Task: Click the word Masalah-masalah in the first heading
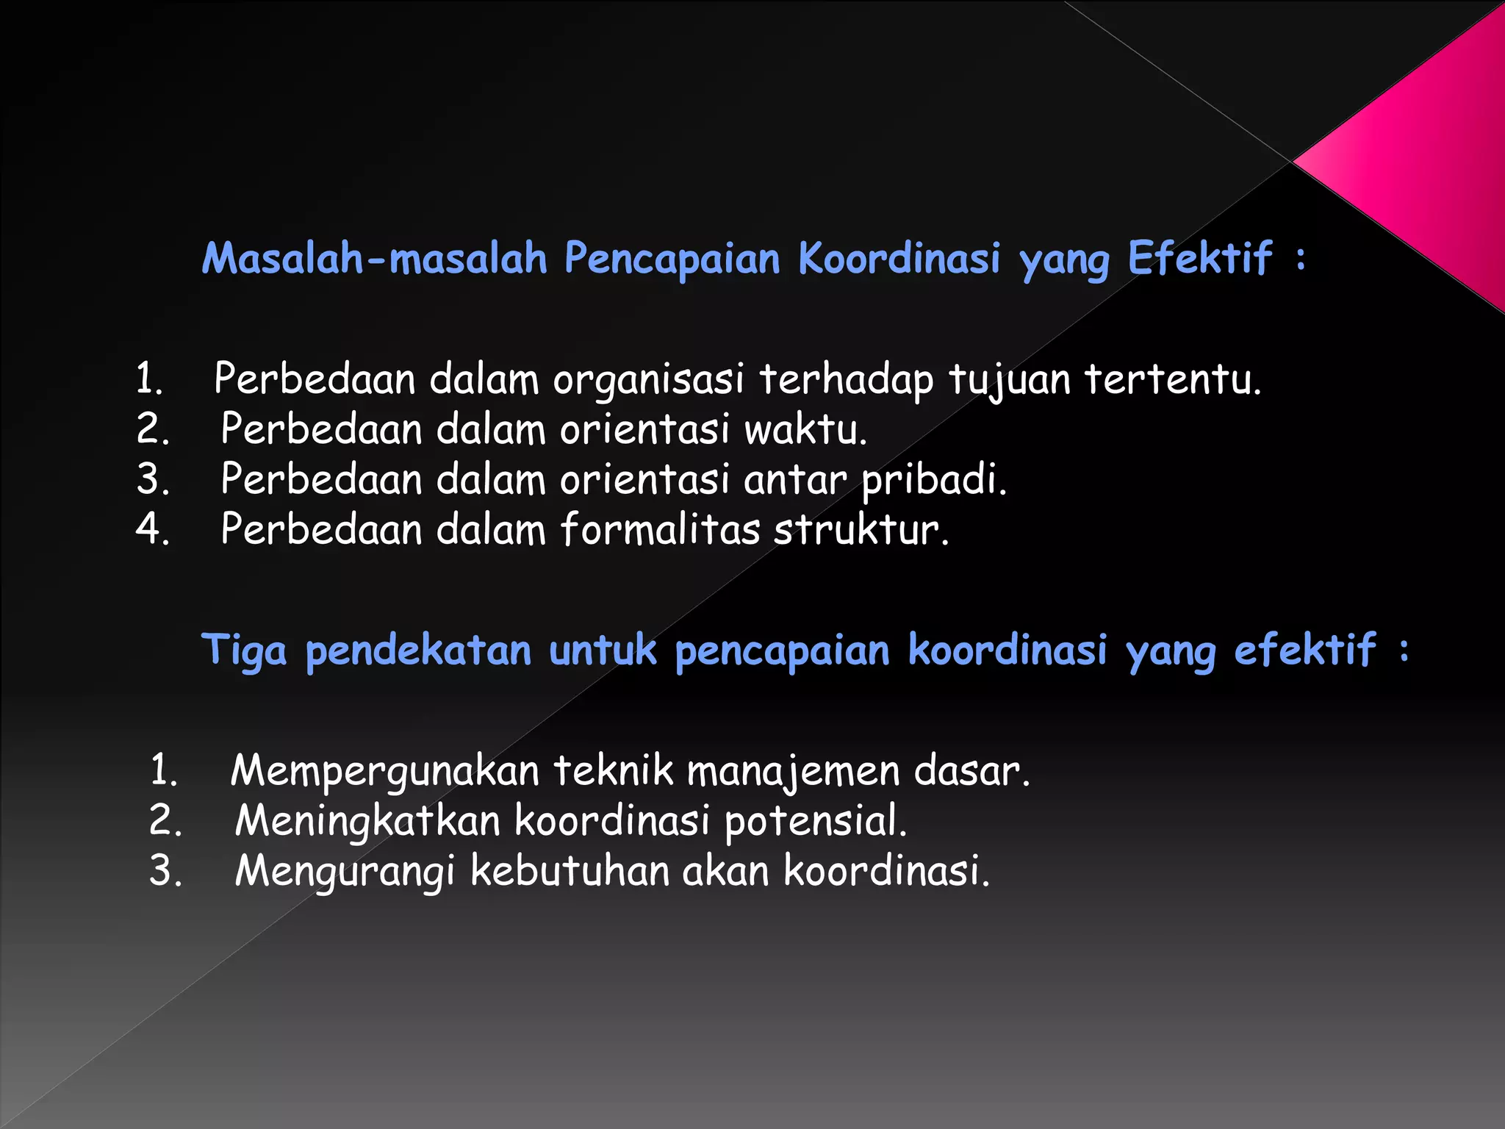point(375,259)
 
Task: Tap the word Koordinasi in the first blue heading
point(899,259)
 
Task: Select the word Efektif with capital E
point(1200,259)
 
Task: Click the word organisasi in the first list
point(648,381)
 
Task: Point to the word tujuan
point(1009,381)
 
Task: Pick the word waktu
point(805,430)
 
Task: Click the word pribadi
point(933,481)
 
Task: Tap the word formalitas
point(660,529)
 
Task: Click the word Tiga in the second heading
point(244,651)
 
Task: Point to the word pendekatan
point(418,651)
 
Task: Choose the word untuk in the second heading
point(603,651)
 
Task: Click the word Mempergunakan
point(385,772)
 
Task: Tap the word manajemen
point(793,772)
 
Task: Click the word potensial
point(816,822)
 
